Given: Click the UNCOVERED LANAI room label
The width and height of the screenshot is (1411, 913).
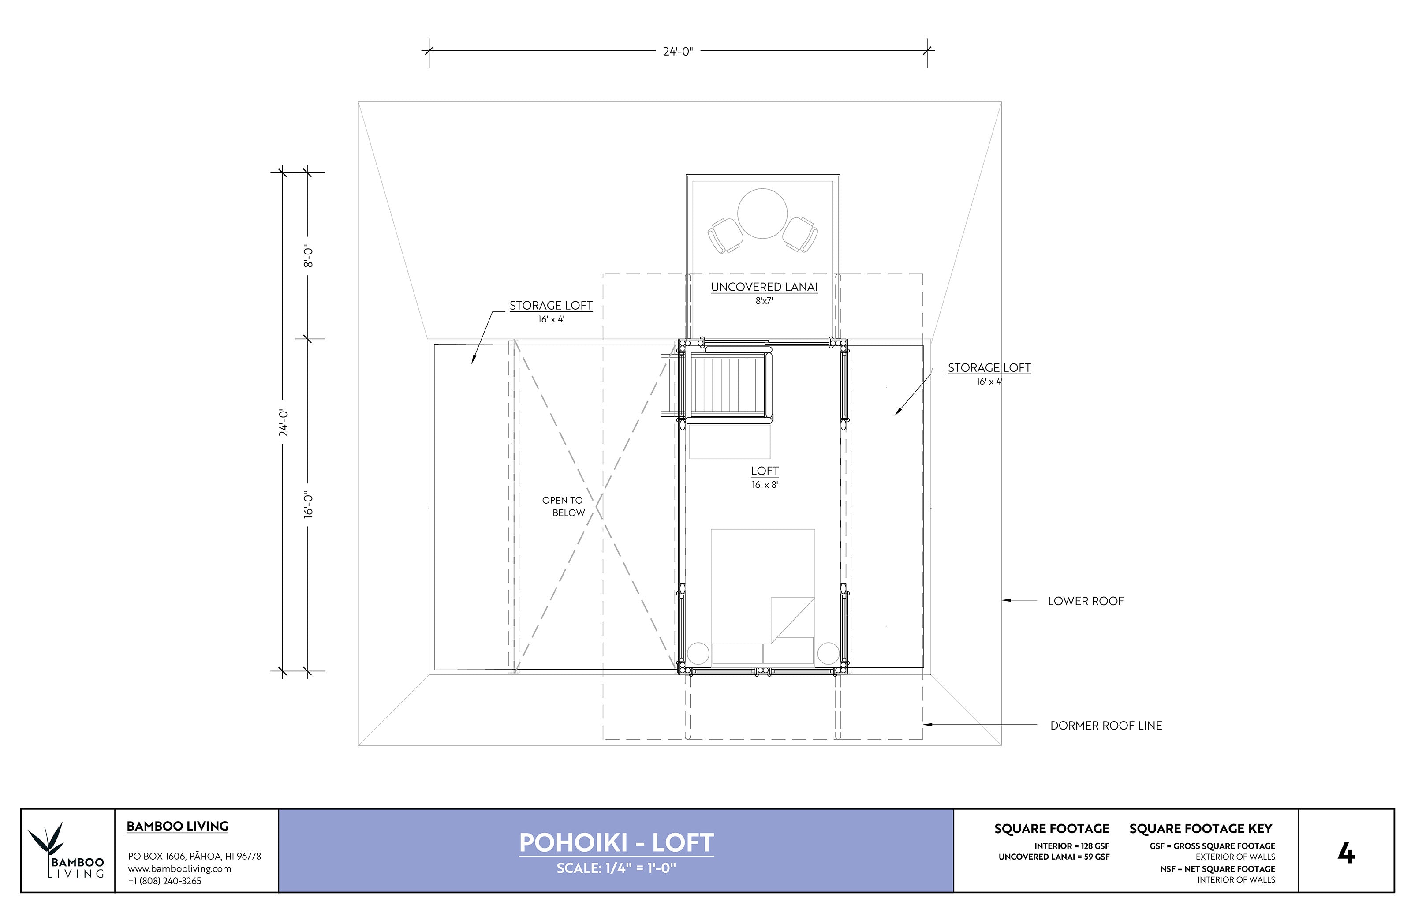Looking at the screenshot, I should (764, 288).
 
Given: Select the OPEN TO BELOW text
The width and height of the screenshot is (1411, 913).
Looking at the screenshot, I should (563, 506).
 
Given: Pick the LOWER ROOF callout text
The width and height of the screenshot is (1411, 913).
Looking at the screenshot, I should (1085, 601).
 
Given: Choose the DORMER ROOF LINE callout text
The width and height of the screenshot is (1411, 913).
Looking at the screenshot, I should (1106, 726).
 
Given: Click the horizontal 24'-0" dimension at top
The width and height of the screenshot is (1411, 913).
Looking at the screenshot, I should (677, 52).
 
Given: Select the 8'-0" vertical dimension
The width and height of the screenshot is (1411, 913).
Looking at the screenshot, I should (308, 256).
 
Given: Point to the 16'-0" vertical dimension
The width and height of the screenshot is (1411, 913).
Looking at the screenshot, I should (308, 505).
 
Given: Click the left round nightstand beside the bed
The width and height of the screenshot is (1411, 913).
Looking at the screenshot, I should (698, 653).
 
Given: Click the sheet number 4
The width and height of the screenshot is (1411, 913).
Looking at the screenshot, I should (1346, 853).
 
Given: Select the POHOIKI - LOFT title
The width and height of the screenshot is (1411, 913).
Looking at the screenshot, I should (616, 843).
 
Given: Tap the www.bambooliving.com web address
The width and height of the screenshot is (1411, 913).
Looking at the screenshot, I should (179, 868).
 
